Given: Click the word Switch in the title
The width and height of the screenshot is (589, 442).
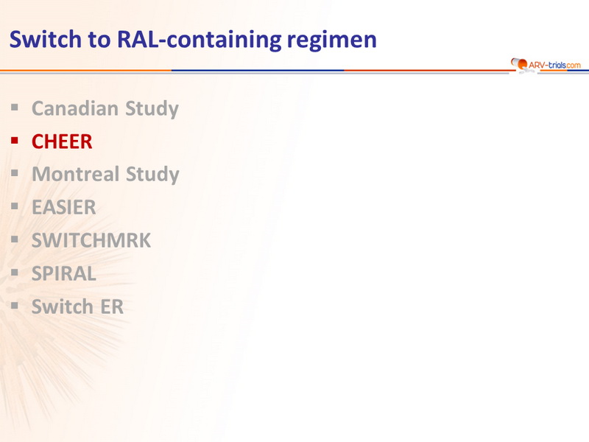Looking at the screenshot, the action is [x=45, y=39].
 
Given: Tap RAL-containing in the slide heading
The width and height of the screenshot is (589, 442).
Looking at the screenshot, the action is [x=199, y=40].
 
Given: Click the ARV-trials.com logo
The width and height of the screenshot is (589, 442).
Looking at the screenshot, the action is [x=546, y=65].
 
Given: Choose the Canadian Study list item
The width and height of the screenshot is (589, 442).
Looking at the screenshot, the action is [x=105, y=108].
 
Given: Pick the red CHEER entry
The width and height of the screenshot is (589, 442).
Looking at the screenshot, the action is [x=62, y=141].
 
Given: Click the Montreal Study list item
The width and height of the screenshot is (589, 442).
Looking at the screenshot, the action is [x=105, y=175].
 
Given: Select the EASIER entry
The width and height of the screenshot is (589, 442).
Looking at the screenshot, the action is [x=64, y=208].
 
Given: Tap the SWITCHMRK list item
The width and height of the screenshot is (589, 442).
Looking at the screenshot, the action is [x=91, y=241].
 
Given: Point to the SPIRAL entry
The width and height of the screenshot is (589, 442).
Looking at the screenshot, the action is [x=64, y=273].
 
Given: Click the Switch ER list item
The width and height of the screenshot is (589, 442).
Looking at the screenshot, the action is [x=77, y=306].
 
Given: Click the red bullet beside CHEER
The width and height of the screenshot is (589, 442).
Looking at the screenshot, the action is [x=15, y=141].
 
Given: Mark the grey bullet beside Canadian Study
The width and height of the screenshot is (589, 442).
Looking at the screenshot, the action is [x=15, y=108].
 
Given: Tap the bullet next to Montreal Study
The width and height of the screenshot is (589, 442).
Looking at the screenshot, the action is [x=15, y=173].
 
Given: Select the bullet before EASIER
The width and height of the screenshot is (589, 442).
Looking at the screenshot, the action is [x=15, y=206].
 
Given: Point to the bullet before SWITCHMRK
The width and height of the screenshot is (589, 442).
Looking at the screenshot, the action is [x=15, y=239].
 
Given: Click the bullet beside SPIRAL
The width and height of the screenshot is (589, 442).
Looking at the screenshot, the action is [x=15, y=273].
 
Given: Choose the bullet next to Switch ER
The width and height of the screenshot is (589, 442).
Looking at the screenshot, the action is [x=15, y=306].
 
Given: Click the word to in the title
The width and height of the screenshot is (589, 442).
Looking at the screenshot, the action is [x=99, y=40].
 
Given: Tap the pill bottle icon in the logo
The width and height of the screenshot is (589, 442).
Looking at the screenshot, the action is [x=520, y=64].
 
